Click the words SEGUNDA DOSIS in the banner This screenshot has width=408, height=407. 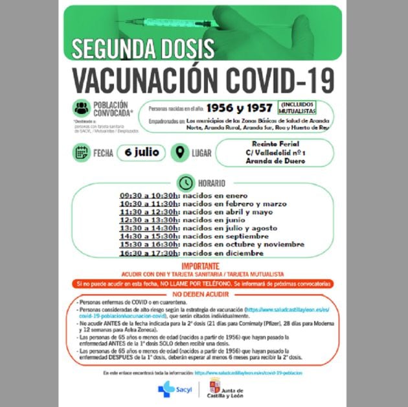(143, 49)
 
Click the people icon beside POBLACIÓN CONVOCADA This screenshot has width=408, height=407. (81, 108)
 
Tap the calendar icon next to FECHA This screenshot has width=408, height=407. (82, 153)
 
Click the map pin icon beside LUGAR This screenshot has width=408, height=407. (179, 153)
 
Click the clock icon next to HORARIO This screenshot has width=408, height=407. (186, 183)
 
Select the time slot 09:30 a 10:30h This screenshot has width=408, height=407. (149, 194)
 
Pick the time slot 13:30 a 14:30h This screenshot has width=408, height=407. (149, 228)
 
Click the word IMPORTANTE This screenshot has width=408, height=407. (204, 266)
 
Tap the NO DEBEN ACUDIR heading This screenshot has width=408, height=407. (203, 294)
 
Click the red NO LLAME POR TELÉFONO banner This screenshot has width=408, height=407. (204, 284)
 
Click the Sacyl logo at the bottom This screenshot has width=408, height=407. (170, 389)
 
